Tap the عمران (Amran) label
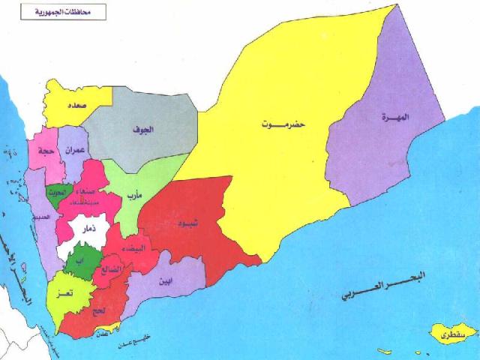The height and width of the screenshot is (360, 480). pyautogui.click(x=73, y=149)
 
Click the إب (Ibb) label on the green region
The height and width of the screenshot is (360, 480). pyautogui.click(x=79, y=260)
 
